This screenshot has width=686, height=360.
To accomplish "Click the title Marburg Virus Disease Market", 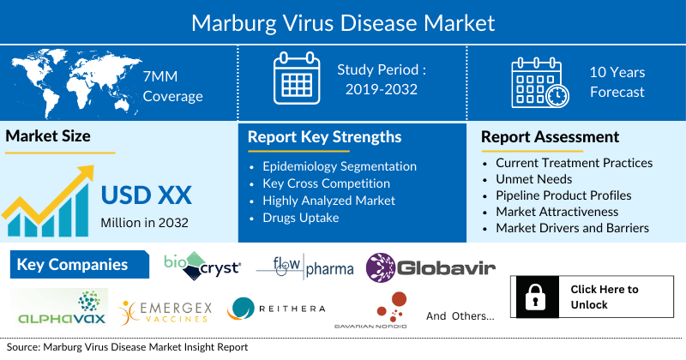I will (343, 21).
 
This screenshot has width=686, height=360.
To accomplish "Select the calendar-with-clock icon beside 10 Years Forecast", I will (539, 82).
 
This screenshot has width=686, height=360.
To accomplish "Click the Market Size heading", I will (48, 136).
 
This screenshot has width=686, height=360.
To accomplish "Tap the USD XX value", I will (147, 195).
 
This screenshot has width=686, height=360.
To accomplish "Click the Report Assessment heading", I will (550, 137).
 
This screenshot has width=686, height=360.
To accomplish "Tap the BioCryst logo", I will (202, 266).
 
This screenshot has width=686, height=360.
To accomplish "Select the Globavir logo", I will (430, 268).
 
